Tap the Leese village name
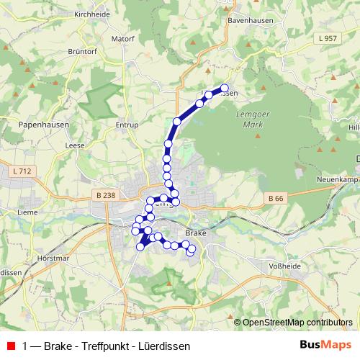coord(75,145)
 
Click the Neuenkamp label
coord(336,178)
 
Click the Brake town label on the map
coord(196,233)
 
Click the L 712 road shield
coord(22,171)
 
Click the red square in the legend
coord(10,345)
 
